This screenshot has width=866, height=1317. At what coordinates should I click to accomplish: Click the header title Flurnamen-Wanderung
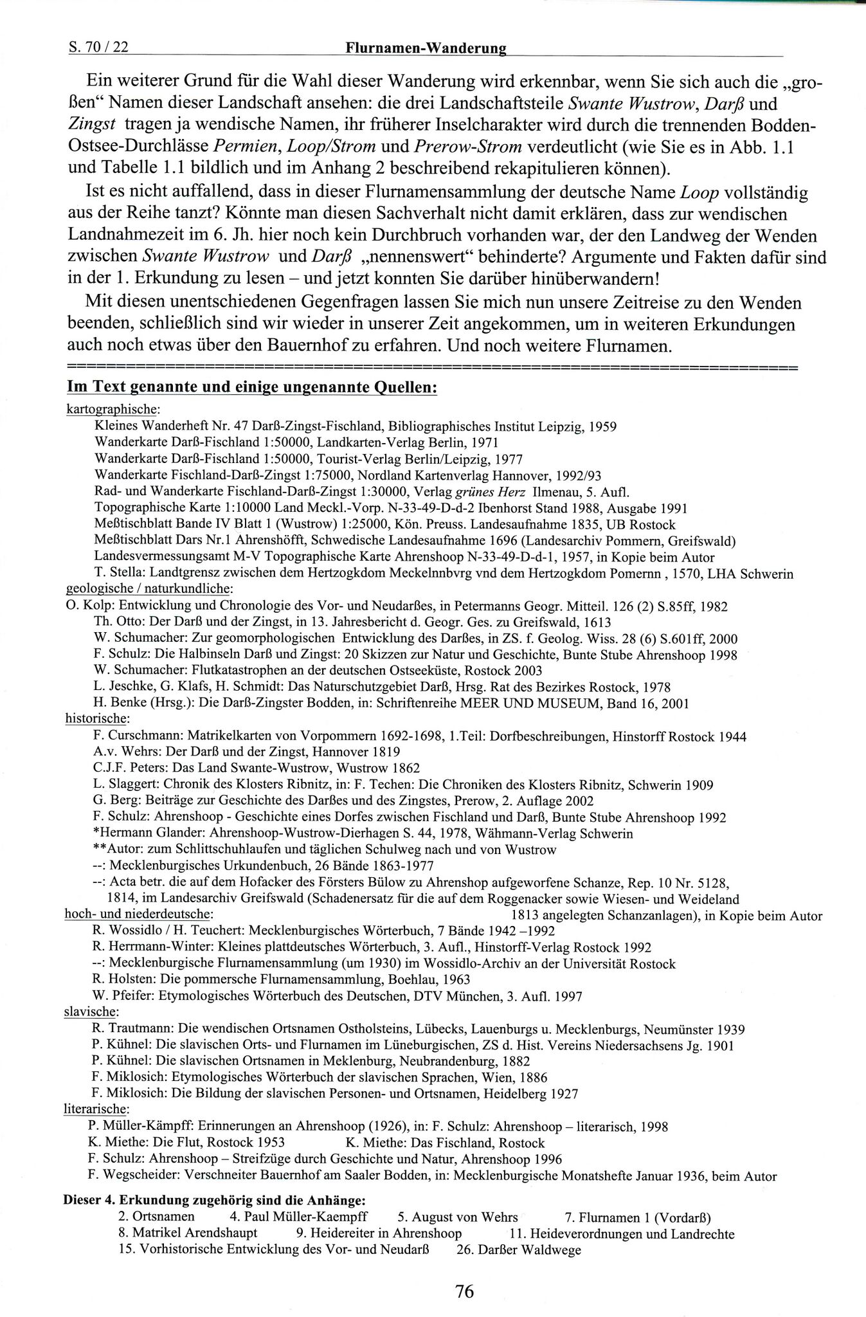426,48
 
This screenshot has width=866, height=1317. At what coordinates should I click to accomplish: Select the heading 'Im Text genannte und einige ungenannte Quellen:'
252,389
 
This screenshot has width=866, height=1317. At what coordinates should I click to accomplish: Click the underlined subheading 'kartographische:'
113,409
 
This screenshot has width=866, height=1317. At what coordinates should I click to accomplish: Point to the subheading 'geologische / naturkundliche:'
149,589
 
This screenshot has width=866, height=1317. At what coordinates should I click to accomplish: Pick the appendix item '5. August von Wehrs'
457,1217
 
